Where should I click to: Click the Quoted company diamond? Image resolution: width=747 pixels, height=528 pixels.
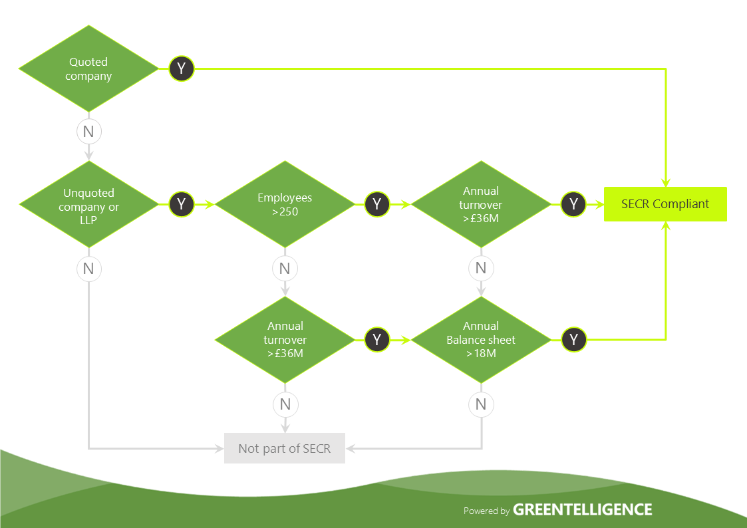pos(88,68)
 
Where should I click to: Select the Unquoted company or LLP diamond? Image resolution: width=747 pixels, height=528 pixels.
pos(88,205)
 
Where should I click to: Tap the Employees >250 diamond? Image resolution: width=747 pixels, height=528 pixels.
pos(285,205)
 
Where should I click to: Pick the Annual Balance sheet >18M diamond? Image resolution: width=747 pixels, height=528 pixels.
pos(481,340)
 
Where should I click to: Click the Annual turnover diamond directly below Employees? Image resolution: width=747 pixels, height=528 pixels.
pos(285,340)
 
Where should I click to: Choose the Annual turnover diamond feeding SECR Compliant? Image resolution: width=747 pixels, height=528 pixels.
pos(481,205)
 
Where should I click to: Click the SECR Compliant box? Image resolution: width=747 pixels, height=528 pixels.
pos(665,204)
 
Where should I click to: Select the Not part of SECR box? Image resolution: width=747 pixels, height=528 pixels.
pos(284,449)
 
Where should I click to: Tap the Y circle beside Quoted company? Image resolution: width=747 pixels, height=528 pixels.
pos(181,68)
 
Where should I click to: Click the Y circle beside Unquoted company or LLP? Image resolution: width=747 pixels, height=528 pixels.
pos(181,204)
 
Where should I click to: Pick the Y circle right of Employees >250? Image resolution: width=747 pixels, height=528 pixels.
pos(377,204)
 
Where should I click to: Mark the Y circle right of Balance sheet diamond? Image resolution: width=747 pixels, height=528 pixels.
pos(573,340)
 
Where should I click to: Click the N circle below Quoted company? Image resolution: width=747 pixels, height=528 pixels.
pos(88,132)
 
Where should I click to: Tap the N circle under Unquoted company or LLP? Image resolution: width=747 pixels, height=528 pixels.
pos(88,269)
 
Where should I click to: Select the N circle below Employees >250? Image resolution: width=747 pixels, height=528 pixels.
pos(285,269)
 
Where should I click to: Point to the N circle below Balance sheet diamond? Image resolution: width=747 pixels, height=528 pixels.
pos(481,404)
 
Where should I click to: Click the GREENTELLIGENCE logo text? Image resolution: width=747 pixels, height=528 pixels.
pos(583,510)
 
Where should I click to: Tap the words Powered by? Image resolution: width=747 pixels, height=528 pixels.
pos(486,511)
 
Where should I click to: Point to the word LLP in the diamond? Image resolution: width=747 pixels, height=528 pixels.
pos(88,220)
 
